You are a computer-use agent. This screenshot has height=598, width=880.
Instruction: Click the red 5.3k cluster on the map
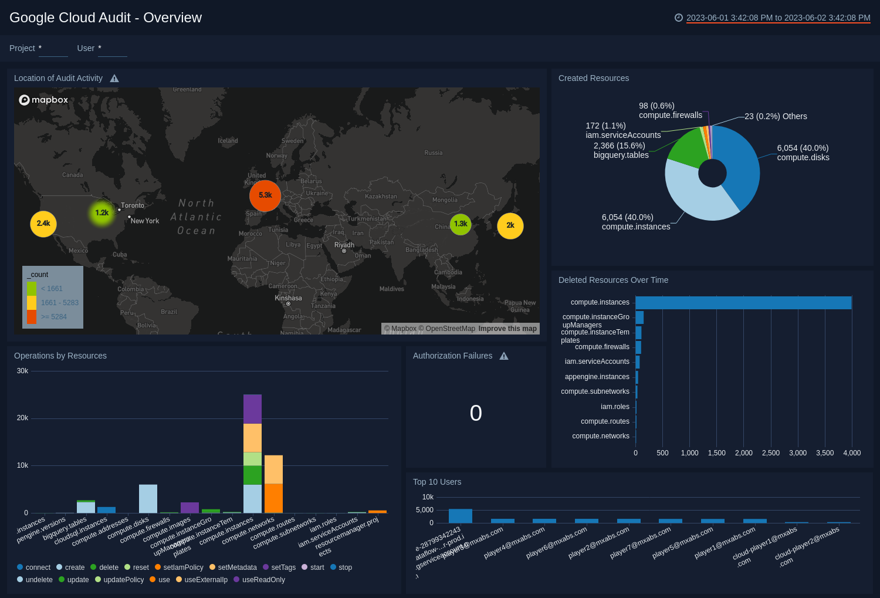265,195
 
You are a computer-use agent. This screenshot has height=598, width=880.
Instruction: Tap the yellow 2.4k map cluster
43,224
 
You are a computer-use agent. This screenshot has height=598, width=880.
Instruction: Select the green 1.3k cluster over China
461,224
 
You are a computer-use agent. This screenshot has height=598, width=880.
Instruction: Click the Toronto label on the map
133,205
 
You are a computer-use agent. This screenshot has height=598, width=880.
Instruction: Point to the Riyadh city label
344,245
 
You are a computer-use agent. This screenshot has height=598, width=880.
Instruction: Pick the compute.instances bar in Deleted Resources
743,303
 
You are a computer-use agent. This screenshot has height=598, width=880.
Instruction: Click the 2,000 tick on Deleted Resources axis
744,453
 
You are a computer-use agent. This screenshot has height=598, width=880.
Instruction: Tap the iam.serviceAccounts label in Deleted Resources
597,361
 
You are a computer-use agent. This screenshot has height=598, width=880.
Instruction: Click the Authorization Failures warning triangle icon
504,356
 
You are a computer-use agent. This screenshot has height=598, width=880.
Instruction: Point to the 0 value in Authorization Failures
476,413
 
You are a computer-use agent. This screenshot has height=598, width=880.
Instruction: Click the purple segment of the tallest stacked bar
252,409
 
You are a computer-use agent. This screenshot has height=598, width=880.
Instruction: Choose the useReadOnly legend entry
263,580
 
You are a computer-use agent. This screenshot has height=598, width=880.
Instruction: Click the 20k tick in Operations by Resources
22,418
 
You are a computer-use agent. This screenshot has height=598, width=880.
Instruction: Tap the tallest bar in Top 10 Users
461,516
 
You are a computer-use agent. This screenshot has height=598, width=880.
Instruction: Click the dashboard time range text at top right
778,18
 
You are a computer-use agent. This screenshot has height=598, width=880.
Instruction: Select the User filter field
112,49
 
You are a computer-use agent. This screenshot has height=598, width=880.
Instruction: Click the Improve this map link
507,329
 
